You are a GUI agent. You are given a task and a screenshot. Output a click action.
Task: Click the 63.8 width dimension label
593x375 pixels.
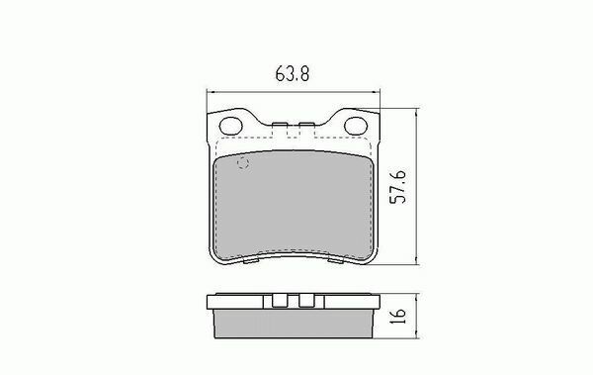click(x=292, y=73)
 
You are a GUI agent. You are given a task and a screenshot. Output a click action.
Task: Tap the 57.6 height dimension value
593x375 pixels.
click(x=398, y=187)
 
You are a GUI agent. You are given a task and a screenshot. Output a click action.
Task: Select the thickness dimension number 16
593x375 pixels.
click(x=398, y=316)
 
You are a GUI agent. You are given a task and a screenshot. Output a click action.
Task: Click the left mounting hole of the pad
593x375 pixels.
click(x=230, y=126)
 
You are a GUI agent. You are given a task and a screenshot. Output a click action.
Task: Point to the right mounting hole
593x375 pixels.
click(x=356, y=126)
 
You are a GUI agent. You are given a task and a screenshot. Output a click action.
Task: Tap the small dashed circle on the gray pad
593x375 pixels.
click(x=242, y=163)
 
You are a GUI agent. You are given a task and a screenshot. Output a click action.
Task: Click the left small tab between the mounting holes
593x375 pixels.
click(x=280, y=124)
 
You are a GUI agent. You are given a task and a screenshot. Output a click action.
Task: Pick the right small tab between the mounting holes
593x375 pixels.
click(x=306, y=124)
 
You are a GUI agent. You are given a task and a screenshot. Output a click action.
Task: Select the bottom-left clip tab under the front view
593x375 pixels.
click(x=251, y=261)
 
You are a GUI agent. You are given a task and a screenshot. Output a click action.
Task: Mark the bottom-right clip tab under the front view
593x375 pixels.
click(x=336, y=261)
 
